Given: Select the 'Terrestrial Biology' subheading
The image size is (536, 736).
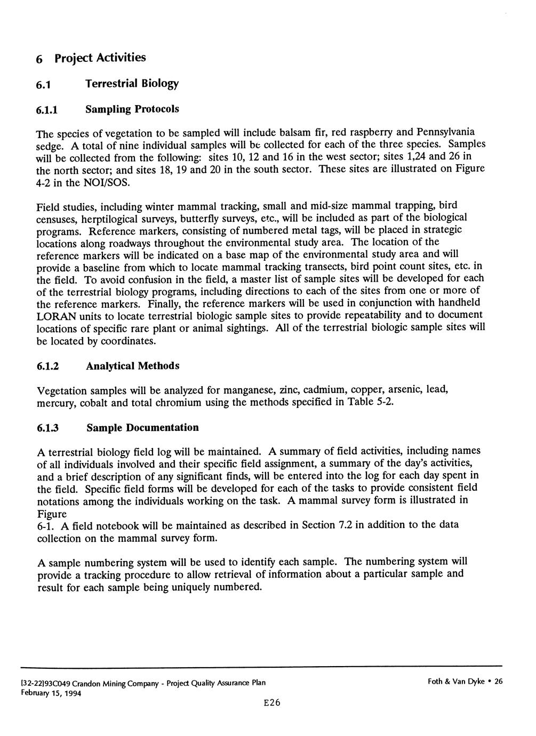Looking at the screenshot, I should (132, 84).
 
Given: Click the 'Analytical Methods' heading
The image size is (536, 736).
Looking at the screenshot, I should (133, 366).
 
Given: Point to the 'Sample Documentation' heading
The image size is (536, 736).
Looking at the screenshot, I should (142, 428).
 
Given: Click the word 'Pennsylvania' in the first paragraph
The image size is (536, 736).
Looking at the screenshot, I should (447, 131).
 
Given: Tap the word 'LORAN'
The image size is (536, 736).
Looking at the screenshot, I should (54, 316).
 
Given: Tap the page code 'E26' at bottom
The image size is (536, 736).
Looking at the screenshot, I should (271, 702).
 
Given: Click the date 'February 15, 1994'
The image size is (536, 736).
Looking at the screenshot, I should (59, 693).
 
